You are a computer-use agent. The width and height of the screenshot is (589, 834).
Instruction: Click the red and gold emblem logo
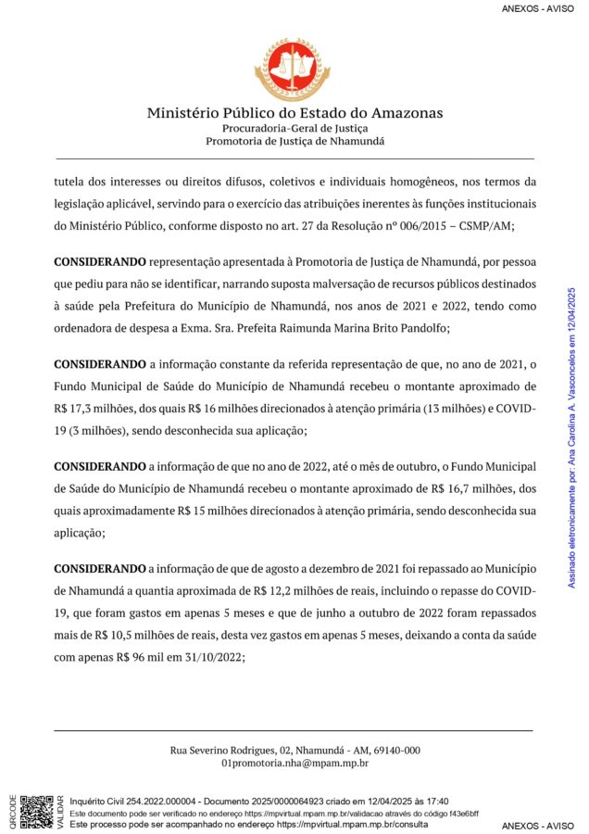(294, 69)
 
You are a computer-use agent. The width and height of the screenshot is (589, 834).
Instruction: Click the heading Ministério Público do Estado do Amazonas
(294, 113)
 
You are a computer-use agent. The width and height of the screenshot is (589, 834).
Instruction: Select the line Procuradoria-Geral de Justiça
(294, 128)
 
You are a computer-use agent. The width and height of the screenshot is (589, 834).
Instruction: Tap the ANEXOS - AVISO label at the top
(537, 9)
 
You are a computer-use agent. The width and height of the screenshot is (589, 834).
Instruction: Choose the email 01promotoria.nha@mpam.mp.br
(294, 764)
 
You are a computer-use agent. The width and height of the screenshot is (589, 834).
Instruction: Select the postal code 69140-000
(395, 751)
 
